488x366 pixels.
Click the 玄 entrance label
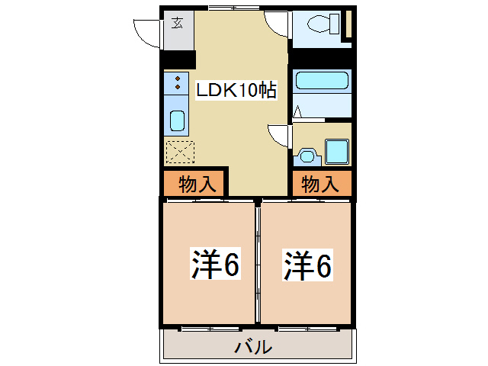tap(178, 23)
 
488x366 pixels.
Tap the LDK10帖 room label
tap(236, 90)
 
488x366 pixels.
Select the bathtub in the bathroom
tap(321, 82)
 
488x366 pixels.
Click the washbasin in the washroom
tap(307, 156)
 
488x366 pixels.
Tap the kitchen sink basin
tap(176, 120)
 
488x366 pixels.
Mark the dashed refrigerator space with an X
tap(181, 152)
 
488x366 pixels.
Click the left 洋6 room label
tap(215, 265)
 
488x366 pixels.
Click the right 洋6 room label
tap(309, 265)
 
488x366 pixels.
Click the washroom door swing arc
tap(279, 135)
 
